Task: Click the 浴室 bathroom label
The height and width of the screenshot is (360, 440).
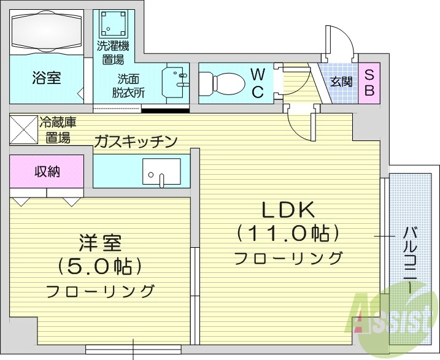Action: pos(46,78)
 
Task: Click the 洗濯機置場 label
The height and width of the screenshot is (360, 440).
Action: pos(112,52)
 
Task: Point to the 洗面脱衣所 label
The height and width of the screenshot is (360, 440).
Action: pos(129,86)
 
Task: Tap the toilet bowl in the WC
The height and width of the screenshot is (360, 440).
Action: pos(223,82)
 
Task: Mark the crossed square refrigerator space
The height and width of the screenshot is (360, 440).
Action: pos(23,129)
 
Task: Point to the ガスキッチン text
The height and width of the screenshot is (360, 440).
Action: pos(136,142)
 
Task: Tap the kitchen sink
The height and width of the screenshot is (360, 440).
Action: pos(161,171)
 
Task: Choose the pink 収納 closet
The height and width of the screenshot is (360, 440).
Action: pos(47,172)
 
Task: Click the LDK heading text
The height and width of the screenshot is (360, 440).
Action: pos(288,210)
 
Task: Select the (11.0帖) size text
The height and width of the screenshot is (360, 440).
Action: pos(288,234)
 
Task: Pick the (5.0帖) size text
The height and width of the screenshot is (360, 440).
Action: pos(100,267)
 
